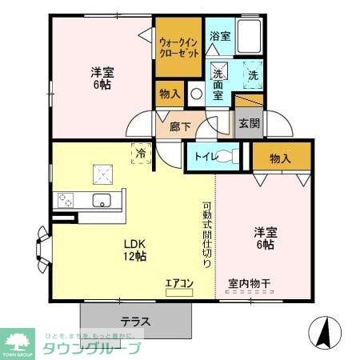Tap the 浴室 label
pos(219,36)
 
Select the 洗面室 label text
pos(218,81)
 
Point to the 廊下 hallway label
pos(180,125)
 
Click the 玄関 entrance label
pos(247,124)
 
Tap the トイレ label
pos(200,157)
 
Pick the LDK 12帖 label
pos(134,251)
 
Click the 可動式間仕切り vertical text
pos(206,234)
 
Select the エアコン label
pos(178,282)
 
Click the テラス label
pos(135,322)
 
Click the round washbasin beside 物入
pos(197,93)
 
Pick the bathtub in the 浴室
pos(250,36)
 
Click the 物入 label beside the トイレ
pos(280,158)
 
